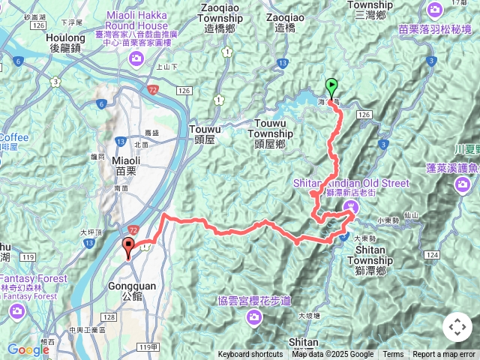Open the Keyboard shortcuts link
250,355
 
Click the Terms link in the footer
393,355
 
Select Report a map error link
444,355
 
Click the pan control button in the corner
457,327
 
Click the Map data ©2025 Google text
333,355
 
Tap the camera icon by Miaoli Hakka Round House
136,58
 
